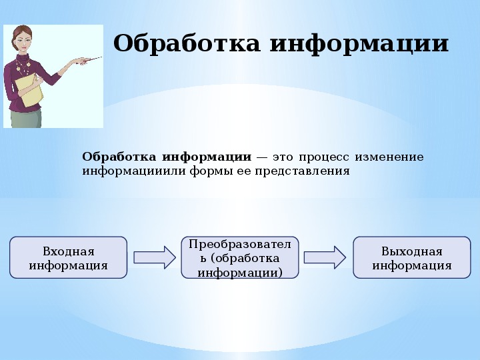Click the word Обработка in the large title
187,43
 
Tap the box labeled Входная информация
68,257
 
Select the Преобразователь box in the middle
240,257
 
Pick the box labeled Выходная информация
412,257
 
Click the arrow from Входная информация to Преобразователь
155,257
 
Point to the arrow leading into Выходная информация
325,257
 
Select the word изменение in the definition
389,157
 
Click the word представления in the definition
302,171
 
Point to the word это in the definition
283,157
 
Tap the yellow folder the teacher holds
29,90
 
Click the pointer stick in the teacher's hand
90,60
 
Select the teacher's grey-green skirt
26,118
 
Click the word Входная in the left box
69,251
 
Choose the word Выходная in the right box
412,251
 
